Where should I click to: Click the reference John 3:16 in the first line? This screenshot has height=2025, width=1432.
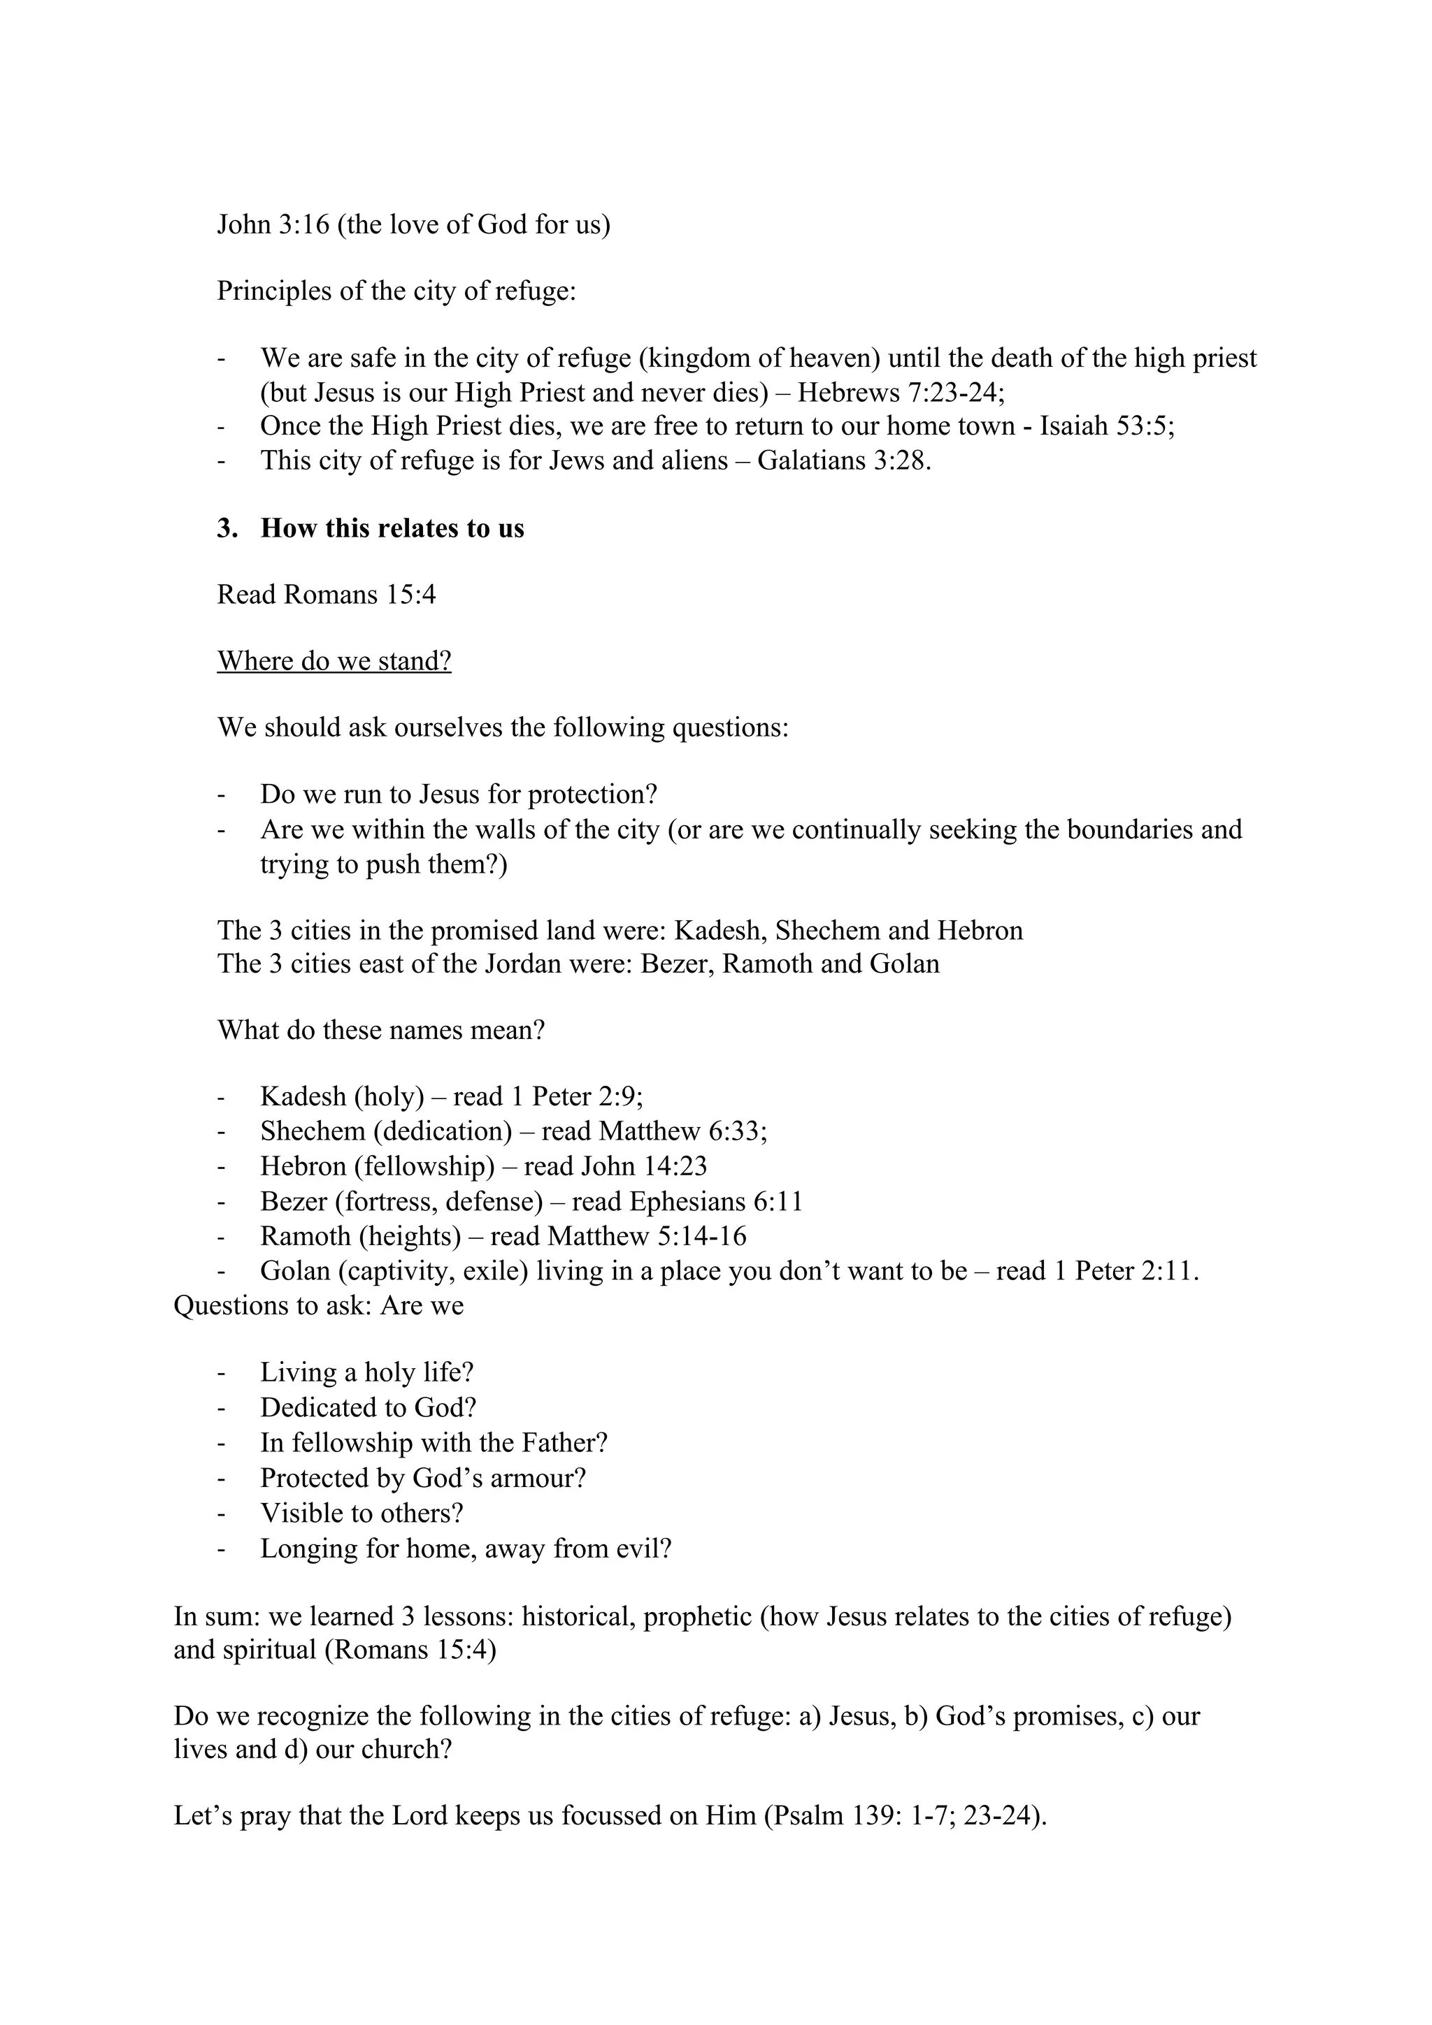(x=273, y=225)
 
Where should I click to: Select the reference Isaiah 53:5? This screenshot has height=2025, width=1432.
(x=1105, y=427)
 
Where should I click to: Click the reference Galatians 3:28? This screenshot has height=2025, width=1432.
(x=843, y=461)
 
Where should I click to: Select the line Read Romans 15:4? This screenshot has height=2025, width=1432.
(x=327, y=595)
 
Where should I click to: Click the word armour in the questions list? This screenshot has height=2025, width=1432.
(x=537, y=1478)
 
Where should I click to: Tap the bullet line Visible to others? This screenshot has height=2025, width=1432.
(x=361, y=1514)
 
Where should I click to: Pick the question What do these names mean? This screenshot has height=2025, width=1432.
(x=380, y=1030)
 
